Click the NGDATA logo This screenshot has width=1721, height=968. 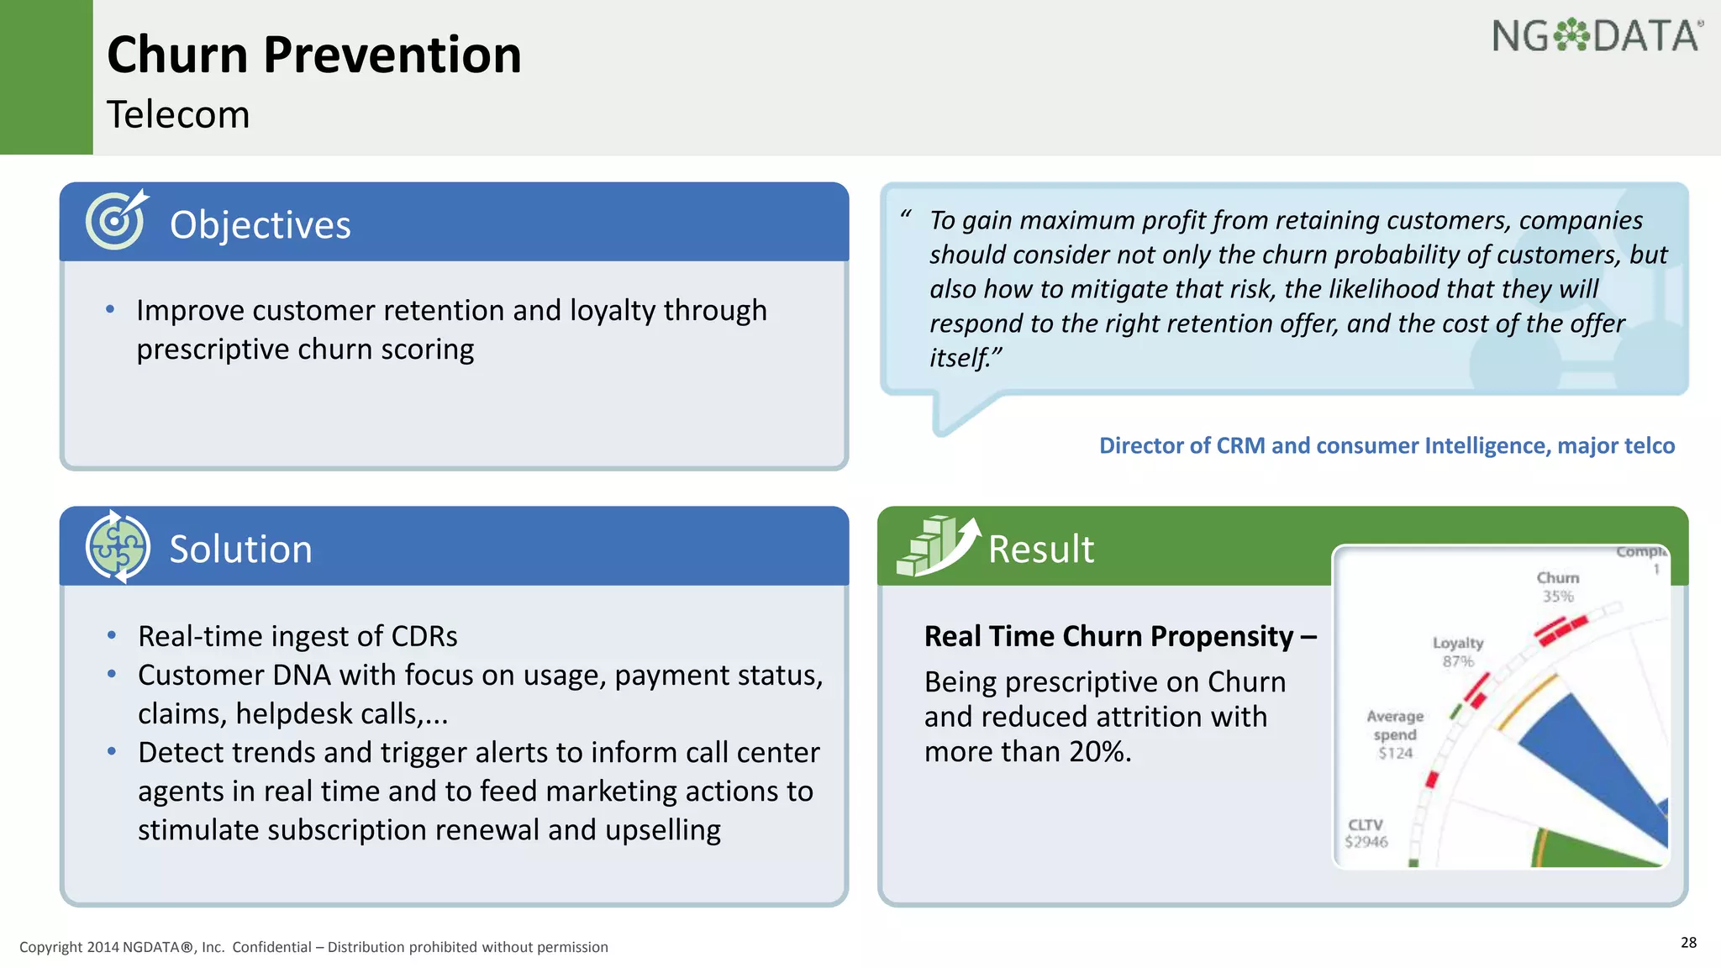tap(1597, 37)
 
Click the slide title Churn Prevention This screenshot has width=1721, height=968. tap(314, 55)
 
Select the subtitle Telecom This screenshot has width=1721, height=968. tap(178, 115)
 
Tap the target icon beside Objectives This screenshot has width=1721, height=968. tap(116, 220)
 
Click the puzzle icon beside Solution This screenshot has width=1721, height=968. tap(118, 547)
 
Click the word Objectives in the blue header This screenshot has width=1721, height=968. tap(260, 225)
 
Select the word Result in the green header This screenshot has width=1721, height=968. tap(1040, 550)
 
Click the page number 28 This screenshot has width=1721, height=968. tap(1688, 942)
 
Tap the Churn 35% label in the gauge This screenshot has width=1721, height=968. tap(1557, 587)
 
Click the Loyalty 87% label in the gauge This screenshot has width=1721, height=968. tap(1458, 651)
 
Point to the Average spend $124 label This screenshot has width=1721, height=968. tap(1395, 734)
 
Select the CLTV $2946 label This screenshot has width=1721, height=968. tap(1366, 834)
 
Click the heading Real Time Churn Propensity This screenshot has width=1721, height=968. tap(1109, 636)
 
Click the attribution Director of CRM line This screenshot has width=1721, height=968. tap(1387, 445)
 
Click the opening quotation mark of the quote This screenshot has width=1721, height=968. tap(905, 215)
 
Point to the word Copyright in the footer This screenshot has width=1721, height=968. tap(50, 947)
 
